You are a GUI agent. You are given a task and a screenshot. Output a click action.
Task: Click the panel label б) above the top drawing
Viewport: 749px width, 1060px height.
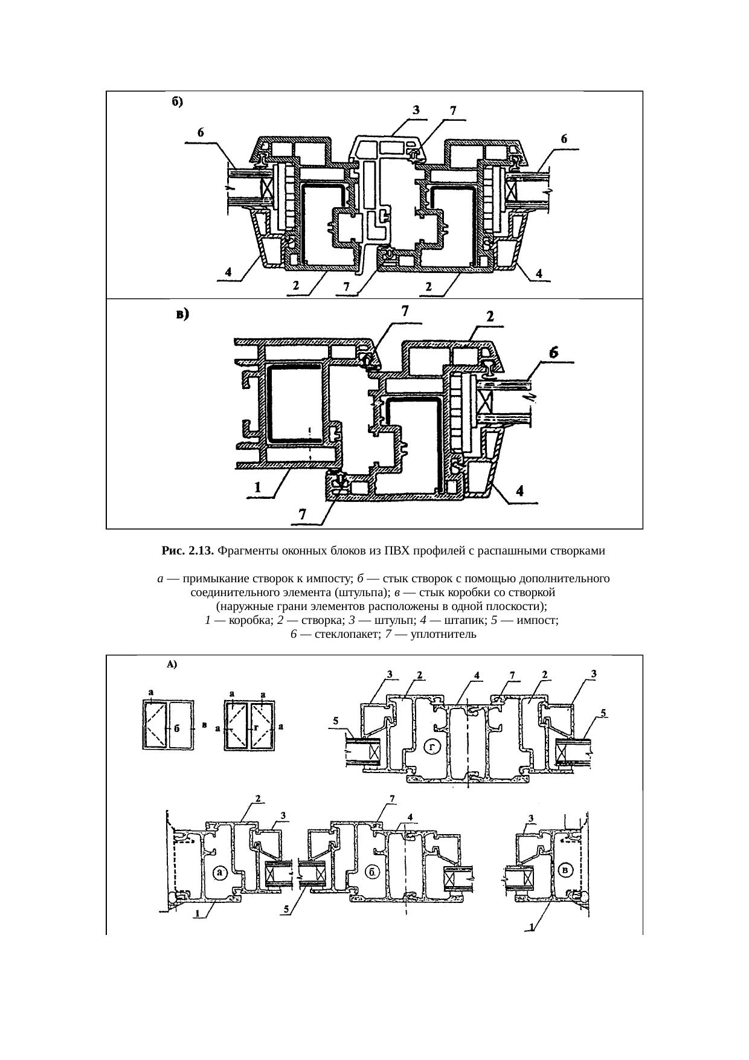175,102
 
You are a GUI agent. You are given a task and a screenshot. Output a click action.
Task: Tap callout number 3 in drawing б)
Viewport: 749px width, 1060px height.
416,110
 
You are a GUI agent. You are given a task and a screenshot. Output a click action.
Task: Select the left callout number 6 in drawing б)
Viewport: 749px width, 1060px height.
201,132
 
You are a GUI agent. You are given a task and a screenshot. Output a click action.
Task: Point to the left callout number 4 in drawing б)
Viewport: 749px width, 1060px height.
228,272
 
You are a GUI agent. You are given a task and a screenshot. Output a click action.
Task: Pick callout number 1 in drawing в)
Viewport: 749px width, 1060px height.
257,487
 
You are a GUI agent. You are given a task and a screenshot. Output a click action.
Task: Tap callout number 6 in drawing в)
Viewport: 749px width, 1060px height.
553,352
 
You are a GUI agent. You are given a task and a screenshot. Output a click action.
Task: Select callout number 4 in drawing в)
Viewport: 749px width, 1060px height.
519,491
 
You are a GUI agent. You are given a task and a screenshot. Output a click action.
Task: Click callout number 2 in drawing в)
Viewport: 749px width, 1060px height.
490,316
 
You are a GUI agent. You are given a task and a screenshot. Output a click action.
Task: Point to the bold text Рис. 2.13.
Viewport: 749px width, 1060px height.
188,551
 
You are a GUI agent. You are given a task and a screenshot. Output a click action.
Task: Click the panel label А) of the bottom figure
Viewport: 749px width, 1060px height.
171,664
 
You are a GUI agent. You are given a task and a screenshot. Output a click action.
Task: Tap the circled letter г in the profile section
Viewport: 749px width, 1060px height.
432,746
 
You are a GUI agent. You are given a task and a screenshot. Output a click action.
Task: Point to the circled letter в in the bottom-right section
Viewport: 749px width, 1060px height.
565,870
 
